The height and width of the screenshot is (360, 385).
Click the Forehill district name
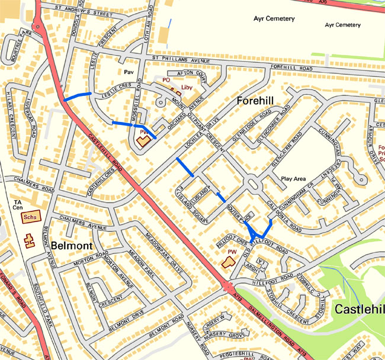pos(260,101)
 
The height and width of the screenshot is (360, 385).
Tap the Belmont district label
pos(70,245)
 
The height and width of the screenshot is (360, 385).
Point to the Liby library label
pos(187,88)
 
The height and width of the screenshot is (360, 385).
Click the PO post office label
pos(166,79)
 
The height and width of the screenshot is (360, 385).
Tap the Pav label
pos(130,71)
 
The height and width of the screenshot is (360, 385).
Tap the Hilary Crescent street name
pos(12,118)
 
